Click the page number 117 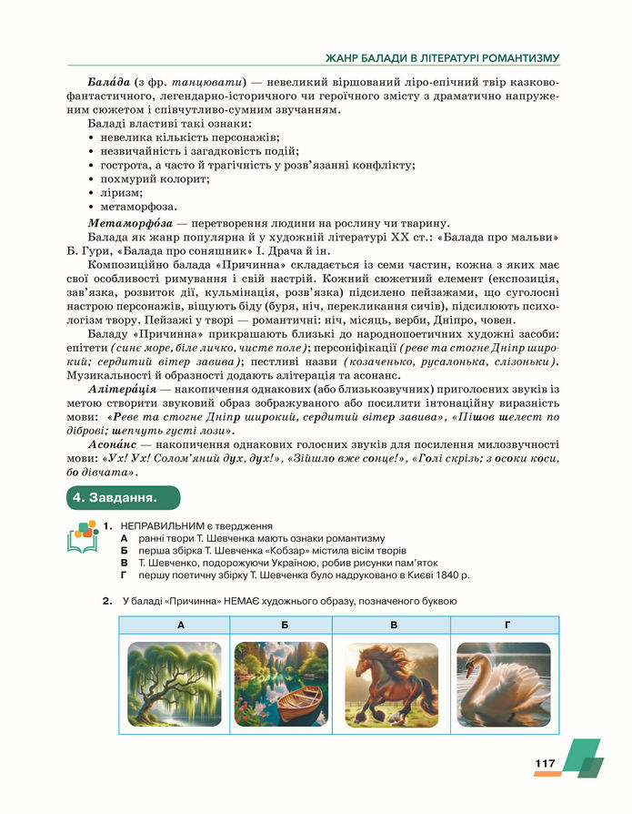pyautogui.click(x=546, y=764)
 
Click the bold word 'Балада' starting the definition pyautogui.click(x=109, y=82)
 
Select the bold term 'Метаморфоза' pyautogui.click(x=126, y=223)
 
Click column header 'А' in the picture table pyautogui.click(x=180, y=626)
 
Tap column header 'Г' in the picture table pyautogui.click(x=506, y=626)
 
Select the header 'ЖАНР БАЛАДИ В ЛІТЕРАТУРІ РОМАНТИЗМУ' pyautogui.click(x=442, y=58)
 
